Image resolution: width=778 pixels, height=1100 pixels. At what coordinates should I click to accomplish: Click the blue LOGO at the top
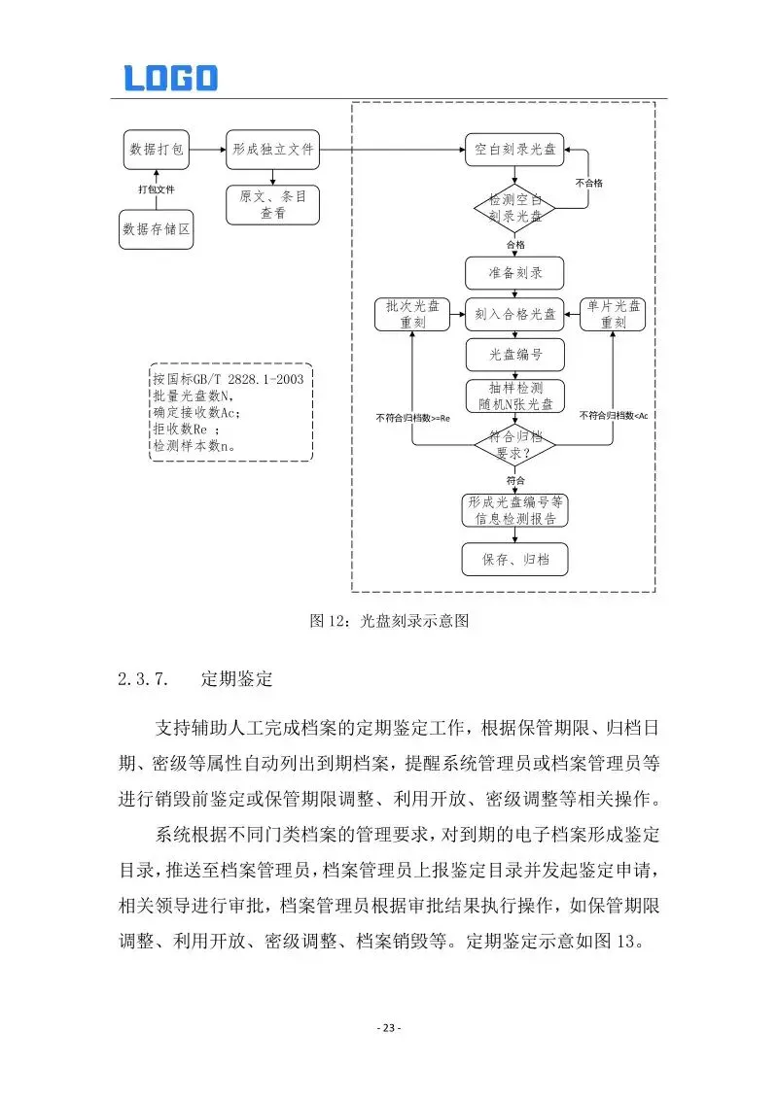pyautogui.click(x=170, y=78)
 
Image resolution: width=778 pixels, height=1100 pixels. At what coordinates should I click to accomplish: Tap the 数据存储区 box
pyautogui.click(x=157, y=229)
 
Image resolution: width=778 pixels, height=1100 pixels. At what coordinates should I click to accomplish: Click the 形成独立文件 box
pyautogui.click(x=273, y=150)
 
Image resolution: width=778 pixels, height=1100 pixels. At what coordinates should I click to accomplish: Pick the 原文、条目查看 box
pyautogui.click(x=273, y=204)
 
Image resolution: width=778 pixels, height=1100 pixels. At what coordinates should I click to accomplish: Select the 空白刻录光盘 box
pyautogui.click(x=514, y=150)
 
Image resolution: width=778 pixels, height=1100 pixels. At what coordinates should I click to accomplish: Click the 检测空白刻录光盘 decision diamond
pyautogui.click(x=514, y=208)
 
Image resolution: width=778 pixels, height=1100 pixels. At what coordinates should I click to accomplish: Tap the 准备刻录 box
pyautogui.click(x=514, y=273)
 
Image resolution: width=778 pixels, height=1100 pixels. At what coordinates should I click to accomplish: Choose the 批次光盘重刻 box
pyautogui.click(x=412, y=314)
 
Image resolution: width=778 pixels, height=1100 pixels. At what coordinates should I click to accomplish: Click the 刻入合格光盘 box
pyautogui.click(x=514, y=314)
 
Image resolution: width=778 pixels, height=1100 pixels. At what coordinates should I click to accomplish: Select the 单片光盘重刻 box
pyautogui.click(x=613, y=314)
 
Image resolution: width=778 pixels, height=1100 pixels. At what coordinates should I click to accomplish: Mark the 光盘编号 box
pyautogui.click(x=514, y=356)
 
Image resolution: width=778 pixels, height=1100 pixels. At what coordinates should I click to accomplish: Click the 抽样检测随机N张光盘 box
pyautogui.click(x=514, y=396)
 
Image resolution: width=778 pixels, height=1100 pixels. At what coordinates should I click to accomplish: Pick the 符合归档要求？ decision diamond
pyautogui.click(x=514, y=446)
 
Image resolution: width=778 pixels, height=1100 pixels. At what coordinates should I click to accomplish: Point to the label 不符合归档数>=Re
pyautogui.click(x=413, y=418)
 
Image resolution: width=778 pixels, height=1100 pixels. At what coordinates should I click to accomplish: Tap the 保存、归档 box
pyautogui.click(x=514, y=560)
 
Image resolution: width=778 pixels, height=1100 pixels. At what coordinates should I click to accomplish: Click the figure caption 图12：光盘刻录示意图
pyautogui.click(x=389, y=621)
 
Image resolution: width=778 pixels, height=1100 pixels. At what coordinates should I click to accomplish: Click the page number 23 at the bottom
pyautogui.click(x=389, y=1028)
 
